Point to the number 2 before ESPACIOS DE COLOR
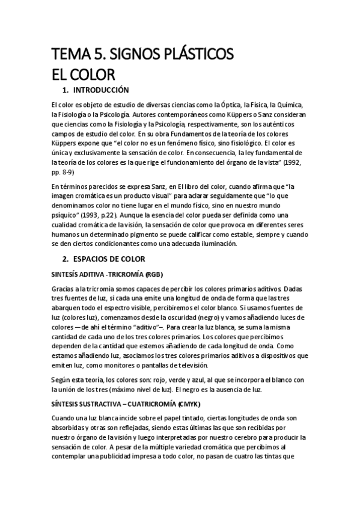[x=66, y=259]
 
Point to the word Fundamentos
[x=188, y=134]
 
